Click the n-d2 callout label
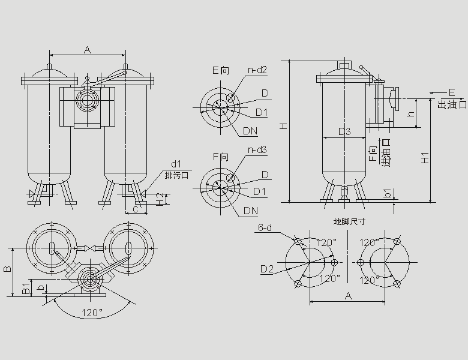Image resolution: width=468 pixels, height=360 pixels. (257, 70)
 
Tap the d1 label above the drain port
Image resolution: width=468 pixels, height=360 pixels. (176, 164)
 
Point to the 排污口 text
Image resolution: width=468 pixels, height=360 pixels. (176, 175)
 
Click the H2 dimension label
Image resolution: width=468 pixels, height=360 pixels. (159, 200)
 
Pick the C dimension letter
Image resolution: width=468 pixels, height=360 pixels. (136, 209)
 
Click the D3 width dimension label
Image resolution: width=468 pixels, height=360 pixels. (344, 131)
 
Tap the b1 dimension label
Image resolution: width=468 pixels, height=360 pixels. (388, 193)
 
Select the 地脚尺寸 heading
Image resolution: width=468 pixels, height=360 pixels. (350, 221)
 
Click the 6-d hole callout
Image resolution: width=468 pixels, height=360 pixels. (266, 228)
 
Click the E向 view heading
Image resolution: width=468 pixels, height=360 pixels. (221, 71)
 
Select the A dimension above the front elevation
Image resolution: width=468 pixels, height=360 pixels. (87, 50)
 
